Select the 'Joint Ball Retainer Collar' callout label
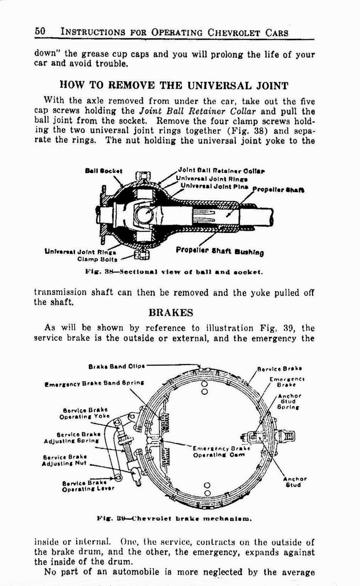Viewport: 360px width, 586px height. point(221,171)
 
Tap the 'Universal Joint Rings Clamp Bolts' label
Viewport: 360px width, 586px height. point(81,254)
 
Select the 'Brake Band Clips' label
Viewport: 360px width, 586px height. point(116,366)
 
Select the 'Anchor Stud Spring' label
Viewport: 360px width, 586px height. point(290,401)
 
